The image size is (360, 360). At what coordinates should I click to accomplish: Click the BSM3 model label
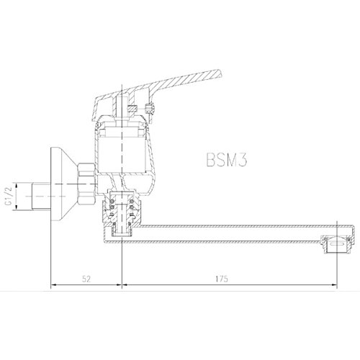pos(227,160)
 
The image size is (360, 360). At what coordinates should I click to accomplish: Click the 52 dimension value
pos(86,279)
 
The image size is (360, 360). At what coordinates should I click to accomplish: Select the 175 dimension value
pos(221,279)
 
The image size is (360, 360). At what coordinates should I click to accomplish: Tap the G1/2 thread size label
pos(9,197)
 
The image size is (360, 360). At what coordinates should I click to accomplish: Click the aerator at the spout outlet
pos(337,244)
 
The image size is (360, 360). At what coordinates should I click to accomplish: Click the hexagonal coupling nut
pos(87,184)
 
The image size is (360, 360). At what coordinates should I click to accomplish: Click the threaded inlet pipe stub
pos(41,197)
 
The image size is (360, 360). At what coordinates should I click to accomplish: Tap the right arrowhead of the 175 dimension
pos(335,285)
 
